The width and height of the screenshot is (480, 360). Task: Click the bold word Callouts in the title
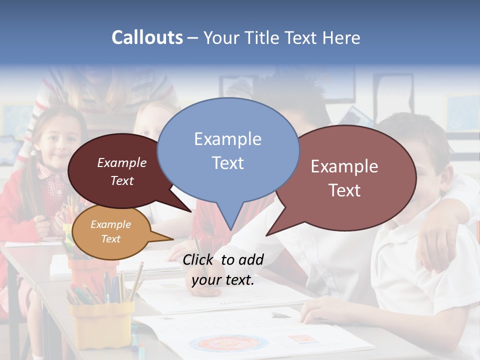pyautogui.click(x=147, y=37)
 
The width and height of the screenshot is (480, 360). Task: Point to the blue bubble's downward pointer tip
pyautogui.click(x=230, y=229)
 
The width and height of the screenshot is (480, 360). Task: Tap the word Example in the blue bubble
pyautogui.click(x=227, y=139)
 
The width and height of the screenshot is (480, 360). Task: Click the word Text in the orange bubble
pyautogui.click(x=111, y=239)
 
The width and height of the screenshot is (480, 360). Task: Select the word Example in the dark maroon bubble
pyautogui.click(x=122, y=163)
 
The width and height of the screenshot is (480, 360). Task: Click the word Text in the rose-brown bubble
pyautogui.click(x=344, y=190)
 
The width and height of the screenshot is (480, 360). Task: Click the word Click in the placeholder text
pyautogui.click(x=199, y=259)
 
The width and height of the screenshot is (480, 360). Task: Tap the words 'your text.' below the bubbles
pyautogui.click(x=223, y=280)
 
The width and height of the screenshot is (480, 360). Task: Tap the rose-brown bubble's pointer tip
pyautogui.click(x=267, y=234)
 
